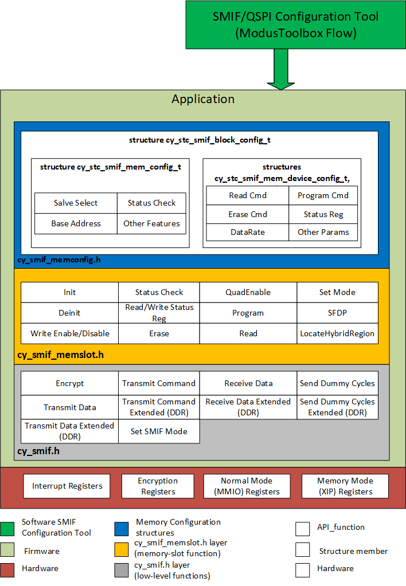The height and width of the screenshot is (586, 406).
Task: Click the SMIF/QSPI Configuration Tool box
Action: pos(295,25)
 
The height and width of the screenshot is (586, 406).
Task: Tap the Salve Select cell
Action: pos(76,203)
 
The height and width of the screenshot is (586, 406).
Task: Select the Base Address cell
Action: pos(76,223)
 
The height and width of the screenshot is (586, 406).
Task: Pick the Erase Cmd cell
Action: pos(248,214)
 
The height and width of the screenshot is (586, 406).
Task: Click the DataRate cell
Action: pos(248,233)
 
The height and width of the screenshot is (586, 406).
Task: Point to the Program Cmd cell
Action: pos(323,195)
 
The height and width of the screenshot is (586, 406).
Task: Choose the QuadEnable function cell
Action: pos(248,292)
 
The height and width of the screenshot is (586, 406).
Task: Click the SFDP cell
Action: pos(337,313)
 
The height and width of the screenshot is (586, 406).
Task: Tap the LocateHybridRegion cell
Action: pos(337,333)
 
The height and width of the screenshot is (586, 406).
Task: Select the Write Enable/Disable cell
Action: pos(69,333)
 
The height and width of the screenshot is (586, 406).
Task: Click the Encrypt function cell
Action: pos(69,383)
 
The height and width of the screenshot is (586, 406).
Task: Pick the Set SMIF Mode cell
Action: pos(159,431)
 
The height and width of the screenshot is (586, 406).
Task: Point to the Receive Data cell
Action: pos(248,383)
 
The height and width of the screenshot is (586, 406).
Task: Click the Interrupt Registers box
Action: pos(67,486)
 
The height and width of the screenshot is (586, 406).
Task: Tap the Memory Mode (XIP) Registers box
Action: pos(345,486)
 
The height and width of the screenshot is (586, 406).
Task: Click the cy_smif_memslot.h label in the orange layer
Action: pos(61,355)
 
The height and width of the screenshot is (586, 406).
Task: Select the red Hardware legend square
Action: pos(7,568)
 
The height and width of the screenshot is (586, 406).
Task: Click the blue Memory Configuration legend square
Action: pos(122,527)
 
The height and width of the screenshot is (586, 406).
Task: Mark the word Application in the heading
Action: pos(203,99)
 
